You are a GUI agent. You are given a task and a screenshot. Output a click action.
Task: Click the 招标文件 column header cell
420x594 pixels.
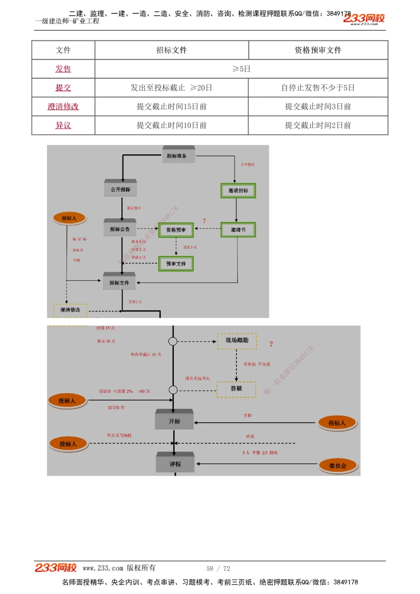[171, 50]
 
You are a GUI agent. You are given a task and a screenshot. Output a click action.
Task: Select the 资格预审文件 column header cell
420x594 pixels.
[318, 50]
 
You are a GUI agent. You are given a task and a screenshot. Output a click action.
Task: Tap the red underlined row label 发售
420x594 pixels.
[63, 69]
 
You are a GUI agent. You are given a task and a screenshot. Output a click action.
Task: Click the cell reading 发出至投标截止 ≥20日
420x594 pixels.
[171, 88]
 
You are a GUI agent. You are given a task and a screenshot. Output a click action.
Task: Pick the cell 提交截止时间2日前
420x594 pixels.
[318, 125]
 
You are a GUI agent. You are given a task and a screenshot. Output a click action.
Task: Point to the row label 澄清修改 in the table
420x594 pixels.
[63, 107]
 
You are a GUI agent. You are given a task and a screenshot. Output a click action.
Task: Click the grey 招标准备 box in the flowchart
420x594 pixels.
[178, 155]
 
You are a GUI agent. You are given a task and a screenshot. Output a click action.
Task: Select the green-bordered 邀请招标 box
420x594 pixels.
[238, 191]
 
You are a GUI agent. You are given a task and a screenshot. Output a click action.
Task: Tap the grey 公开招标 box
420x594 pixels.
[121, 189]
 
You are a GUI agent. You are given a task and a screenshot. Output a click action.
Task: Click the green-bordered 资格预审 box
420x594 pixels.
[176, 230]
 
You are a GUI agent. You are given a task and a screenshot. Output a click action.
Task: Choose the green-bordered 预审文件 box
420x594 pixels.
[176, 264]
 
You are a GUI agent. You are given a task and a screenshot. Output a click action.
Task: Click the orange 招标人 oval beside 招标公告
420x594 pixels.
[69, 218]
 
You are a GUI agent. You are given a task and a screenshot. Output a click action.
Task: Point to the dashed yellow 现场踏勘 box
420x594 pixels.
[237, 340]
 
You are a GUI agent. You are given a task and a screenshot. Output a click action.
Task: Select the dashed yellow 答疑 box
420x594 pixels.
[236, 389]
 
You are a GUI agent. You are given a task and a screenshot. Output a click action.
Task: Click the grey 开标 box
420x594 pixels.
[174, 421]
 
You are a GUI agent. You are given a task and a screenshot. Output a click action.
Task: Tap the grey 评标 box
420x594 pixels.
[175, 464]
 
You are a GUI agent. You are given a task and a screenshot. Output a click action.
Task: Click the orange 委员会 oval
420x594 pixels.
[338, 466]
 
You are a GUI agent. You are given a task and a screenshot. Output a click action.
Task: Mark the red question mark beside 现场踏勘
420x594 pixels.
[271, 344]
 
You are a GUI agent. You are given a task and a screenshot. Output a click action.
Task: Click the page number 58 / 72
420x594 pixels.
[218, 568]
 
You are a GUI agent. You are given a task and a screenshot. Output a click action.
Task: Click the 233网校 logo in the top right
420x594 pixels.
[364, 18]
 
